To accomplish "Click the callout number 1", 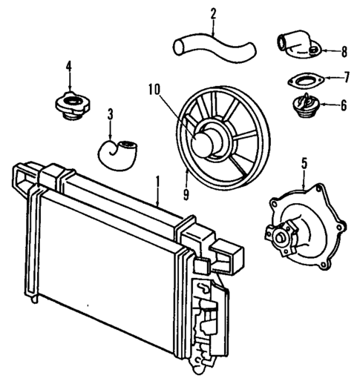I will [157, 181].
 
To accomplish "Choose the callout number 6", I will [344, 105].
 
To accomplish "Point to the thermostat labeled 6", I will [305, 107].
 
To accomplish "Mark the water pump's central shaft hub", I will [281, 238].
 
